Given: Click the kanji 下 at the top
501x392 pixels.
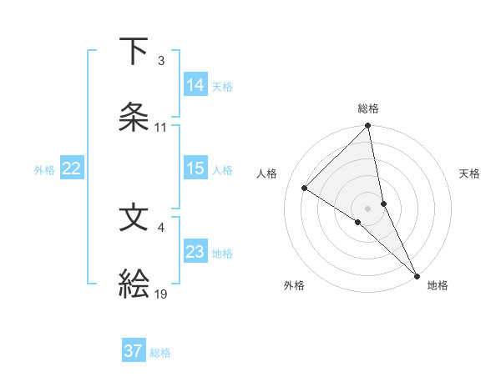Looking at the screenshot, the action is coord(134,52).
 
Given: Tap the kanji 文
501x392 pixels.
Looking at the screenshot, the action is coord(134,218).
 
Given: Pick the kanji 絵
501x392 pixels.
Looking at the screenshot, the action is coord(134,284).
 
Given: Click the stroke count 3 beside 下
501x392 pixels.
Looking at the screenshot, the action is coord(160,61).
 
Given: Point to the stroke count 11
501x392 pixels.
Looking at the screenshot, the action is coord(161,128).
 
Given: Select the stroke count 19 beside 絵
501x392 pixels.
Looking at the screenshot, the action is coord(161,294).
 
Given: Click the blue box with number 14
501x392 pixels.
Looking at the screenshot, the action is coord(195,84).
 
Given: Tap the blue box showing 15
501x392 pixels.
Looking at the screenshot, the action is coord(195,168).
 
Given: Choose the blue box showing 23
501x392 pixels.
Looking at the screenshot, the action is coord(195,252).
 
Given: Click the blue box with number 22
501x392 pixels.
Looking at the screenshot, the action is coord(72,168).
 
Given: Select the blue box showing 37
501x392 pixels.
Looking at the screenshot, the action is coord(134,351).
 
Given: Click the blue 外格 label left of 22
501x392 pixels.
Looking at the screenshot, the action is coord(44,169).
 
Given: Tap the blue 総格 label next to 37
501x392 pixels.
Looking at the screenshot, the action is coord(161,353).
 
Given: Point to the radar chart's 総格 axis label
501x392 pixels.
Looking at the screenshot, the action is coord(368,109).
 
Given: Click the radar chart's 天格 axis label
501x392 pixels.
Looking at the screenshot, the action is coord(470,173).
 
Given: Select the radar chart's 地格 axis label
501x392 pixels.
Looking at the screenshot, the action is coord(438,286).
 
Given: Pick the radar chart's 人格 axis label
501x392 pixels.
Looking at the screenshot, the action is coord(267,173).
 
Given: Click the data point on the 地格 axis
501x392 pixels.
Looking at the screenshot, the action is coord(417,275).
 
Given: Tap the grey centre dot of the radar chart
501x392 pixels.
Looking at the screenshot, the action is coord(368,208).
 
